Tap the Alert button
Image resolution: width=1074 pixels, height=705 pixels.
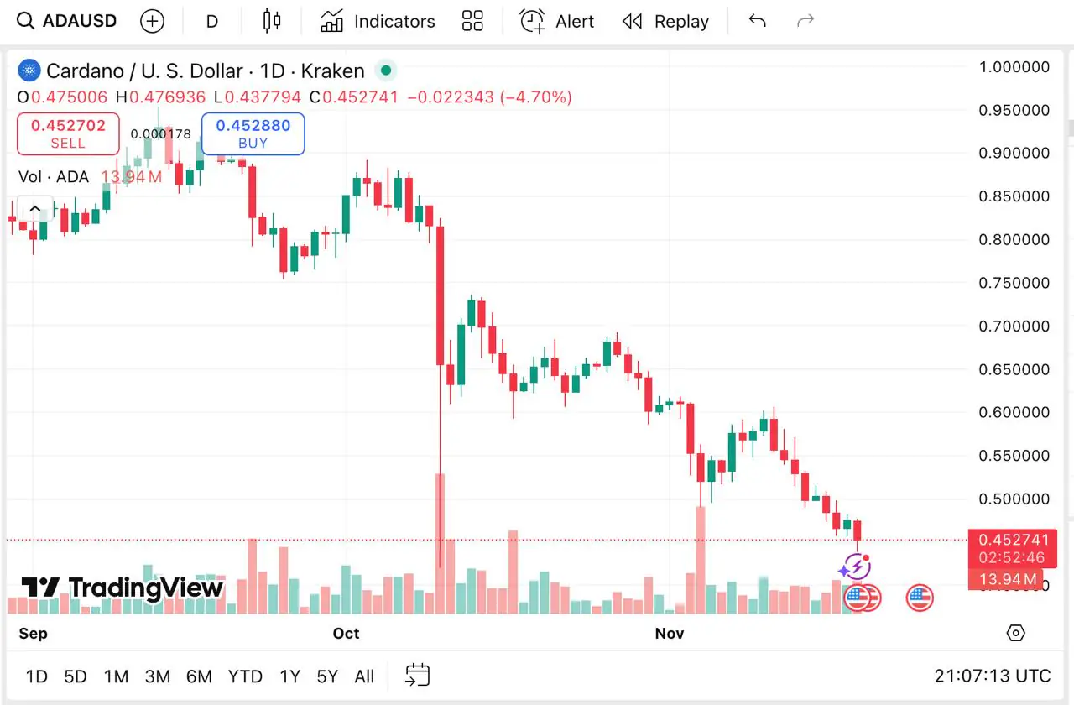[557, 21]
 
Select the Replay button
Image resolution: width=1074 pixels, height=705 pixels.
[665, 21]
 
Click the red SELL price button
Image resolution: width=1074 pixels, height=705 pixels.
[68, 133]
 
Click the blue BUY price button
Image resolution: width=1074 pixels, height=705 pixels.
[253, 133]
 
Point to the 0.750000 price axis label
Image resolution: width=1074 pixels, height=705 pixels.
[1014, 283]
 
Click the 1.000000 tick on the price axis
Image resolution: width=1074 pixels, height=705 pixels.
[1014, 67]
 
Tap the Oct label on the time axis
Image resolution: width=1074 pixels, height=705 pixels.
[346, 633]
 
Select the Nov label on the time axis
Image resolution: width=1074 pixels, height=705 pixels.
[670, 633]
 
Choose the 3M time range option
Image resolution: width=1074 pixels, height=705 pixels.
[157, 676]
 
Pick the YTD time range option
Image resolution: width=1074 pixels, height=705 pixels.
[245, 676]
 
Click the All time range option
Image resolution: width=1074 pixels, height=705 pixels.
[364, 676]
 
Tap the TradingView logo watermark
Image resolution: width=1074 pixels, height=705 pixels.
[123, 587]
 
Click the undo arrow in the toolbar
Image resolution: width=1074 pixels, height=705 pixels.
[757, 21]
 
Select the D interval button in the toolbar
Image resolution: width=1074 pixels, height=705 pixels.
[212, 21]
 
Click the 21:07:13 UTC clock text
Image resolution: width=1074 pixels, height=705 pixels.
[992, 676]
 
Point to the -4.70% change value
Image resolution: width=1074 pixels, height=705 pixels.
[536, 97]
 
